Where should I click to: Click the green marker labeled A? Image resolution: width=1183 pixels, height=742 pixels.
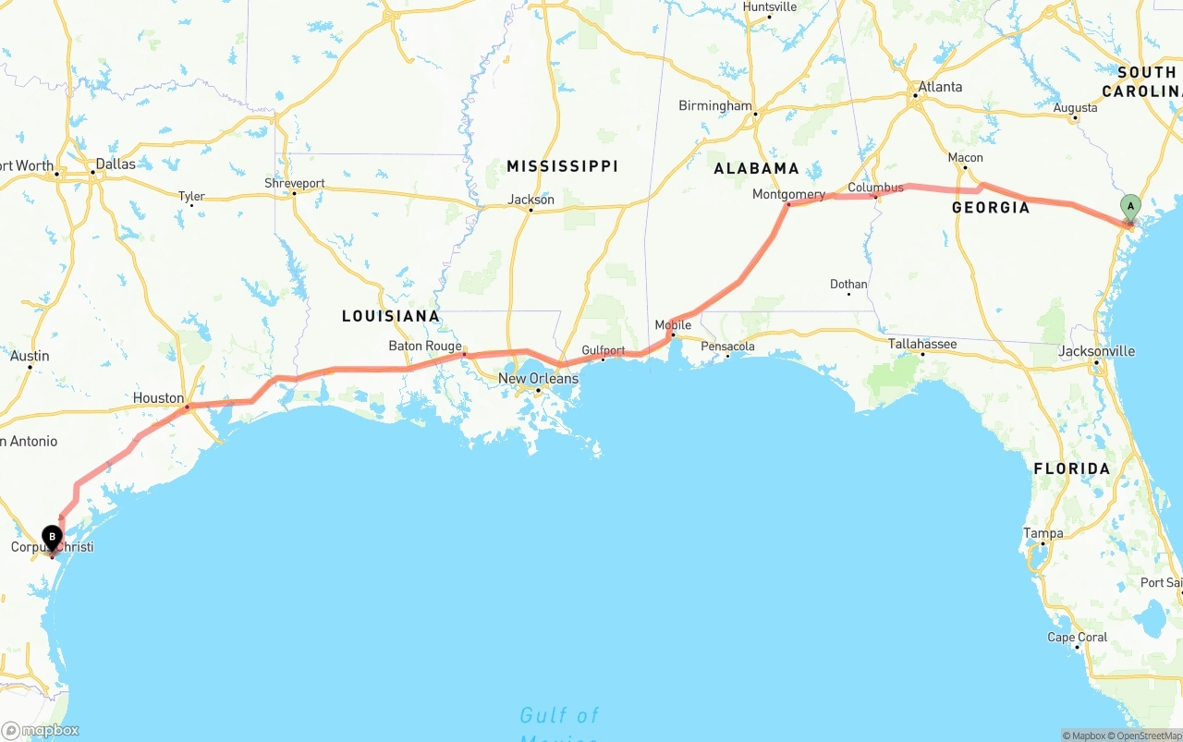point(1130,207)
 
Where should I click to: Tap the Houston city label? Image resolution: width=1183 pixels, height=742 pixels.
point(158,398)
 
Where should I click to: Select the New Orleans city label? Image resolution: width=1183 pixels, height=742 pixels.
point(538,379)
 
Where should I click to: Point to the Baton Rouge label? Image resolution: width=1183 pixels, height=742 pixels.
point(425,347)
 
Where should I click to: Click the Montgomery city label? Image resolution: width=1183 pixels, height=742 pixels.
point(788,195)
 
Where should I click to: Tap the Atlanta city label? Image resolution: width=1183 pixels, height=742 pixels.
point(940,87)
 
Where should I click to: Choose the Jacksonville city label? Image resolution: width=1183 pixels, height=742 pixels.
point(1097,351)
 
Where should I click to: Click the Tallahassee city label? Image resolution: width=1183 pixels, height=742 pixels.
point(922,344)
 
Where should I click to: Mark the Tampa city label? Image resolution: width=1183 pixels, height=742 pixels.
point(1043,533)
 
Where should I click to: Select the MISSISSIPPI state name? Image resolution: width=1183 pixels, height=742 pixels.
point(562,166)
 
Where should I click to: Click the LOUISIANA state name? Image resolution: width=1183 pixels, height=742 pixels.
point(391,316)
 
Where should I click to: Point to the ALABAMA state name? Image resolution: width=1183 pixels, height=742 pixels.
point(756,168)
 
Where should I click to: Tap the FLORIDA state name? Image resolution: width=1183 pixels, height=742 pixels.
point(1072,468)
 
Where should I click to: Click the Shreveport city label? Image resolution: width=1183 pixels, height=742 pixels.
point(295,183)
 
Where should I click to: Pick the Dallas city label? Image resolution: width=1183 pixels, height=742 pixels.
point(115,164)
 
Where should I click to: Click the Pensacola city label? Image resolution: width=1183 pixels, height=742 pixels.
point(728,347)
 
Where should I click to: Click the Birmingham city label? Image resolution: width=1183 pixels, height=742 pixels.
point(715,105)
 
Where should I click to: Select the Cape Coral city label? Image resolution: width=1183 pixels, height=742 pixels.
point(1077,638)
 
